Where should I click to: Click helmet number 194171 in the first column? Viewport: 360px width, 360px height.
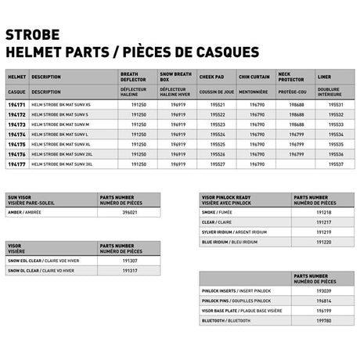tap(16, 103)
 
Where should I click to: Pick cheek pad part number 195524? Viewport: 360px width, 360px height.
tap(218, 134)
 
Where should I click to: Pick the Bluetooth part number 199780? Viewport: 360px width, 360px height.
tap(322, 320)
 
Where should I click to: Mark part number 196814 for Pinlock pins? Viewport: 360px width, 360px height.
tap(322, 300)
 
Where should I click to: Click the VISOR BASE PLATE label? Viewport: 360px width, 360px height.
tap(239, 310)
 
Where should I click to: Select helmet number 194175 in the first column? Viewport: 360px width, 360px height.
tap(16, 144)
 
